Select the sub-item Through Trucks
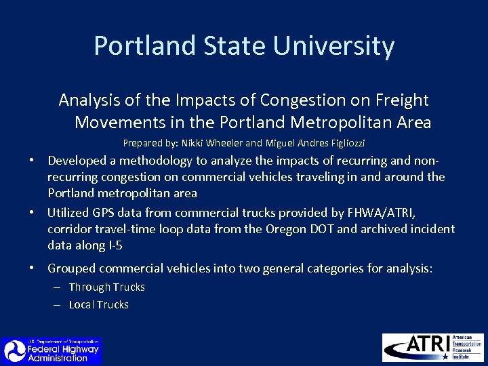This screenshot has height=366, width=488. click(x=106, y=287)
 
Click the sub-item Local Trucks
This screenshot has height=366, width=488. click(x=98, y=305)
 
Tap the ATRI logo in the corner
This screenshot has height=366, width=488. click(x=432, y=347)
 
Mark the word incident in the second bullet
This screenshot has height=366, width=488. click(x=432, y=229)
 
